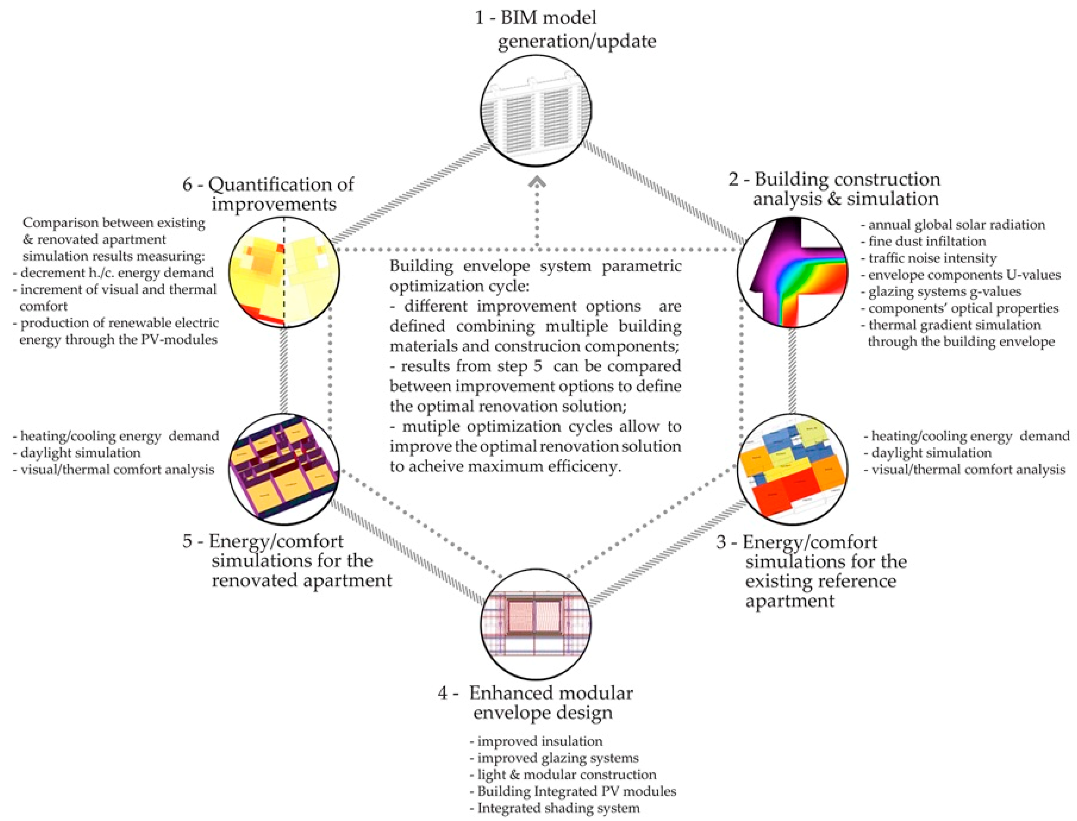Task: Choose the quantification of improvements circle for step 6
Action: (284, 272)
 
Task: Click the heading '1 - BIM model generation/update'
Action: (552, 29)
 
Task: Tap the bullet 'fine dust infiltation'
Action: (923, 241)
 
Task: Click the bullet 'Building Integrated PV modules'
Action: (572, 791)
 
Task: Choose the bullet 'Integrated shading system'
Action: (554, 808)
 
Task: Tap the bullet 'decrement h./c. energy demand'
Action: (113, 273)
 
